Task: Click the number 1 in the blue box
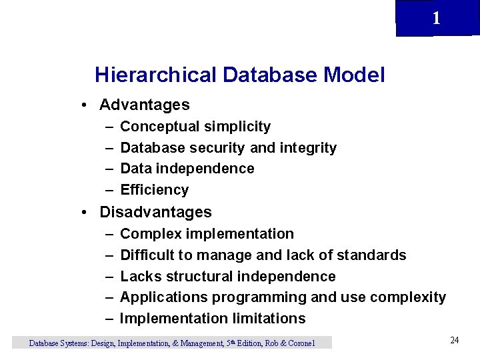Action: click(x=436, y=19)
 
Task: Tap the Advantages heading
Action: click(x=144, y=105)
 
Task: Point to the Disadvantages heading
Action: click(x=155, y=212)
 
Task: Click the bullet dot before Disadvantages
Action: click(x=85, y=213)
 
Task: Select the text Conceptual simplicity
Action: click(x=195, y=127)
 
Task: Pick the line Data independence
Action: click(x=187, y=169)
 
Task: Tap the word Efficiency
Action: click(x=155, y=190)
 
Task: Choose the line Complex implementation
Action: click(x=207, y=234)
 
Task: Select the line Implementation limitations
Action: click(x=213, y=319)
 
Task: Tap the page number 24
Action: click(x=454, y=341)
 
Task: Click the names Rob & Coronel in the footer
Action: click(x=289, y=343)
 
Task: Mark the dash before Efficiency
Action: click(x=109, y=190)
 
